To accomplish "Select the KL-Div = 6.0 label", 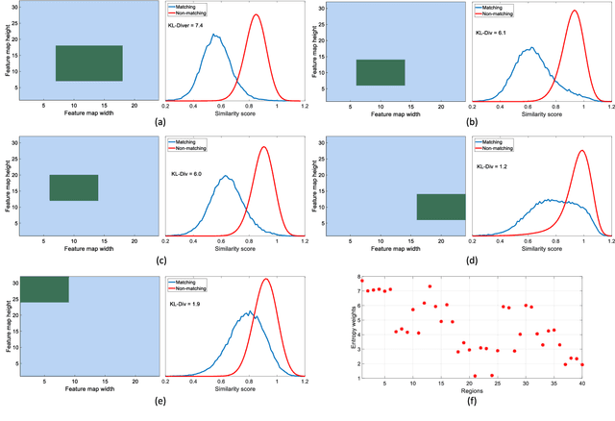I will (187, 173).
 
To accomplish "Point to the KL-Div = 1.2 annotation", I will (492, 165).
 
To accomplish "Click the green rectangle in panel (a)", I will (89, 63).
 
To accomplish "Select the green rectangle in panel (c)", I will (74, 187).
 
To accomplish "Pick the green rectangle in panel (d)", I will (441, 207).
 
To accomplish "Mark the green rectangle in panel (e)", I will (44, 289).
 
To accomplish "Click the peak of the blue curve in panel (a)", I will (215, 36).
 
